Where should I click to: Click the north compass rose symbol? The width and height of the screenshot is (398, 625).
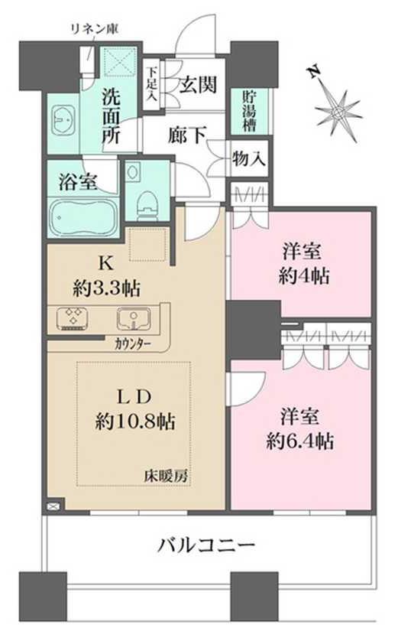coord(338,112)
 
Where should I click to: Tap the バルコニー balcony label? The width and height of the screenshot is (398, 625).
coord(206,545)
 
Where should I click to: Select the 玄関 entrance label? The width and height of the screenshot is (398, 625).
coord(198,84)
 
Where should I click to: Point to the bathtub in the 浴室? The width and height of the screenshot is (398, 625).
coord(83,216)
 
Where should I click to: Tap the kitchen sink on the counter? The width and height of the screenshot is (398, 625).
coord(132,318)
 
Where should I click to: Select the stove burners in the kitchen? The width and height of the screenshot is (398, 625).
coord(73,318)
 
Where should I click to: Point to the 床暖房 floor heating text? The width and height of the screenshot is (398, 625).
coord(166,477)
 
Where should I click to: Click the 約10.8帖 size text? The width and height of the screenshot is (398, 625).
coord(135,421)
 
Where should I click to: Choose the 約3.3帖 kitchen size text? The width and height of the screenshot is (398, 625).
coord(106,288)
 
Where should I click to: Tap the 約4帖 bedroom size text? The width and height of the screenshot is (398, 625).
coord(304,276)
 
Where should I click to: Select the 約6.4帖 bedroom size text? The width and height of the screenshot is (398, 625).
coord(300,441)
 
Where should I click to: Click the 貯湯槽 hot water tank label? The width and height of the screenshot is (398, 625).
coord(250,112)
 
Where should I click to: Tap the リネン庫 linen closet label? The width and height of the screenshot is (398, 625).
coord(95,29)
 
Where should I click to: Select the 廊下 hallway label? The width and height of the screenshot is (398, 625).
coord(186,135)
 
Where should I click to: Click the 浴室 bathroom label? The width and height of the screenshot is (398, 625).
coord(78,183)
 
